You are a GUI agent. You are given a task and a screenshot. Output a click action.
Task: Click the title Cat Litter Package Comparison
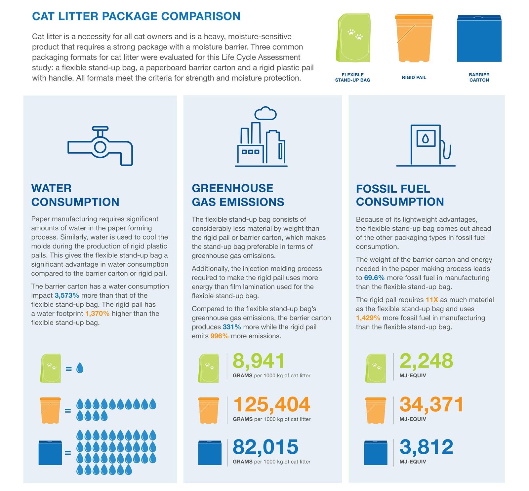pos(136,16)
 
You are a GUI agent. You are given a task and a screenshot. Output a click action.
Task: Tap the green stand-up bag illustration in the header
pos(353,38)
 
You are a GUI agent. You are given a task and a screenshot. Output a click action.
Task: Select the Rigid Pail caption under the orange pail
pos(414,77)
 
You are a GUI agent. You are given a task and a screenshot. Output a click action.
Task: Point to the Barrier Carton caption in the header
pos(479,77)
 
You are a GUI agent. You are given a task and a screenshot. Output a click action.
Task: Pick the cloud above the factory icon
pos(265,113)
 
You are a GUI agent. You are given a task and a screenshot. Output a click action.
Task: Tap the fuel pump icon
pos(426,145)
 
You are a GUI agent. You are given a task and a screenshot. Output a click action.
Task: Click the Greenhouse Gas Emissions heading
pos(238,195)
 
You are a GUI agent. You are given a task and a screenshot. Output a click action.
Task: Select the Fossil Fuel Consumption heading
pos(400,195)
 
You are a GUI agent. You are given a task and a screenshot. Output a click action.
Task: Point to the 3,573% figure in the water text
pos(67,295)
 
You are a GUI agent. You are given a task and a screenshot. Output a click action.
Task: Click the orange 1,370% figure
pos(97,314)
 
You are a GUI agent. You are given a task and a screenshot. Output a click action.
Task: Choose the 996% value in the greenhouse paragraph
pos(219,336)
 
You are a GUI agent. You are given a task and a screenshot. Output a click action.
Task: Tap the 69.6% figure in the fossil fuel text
pos(374,278)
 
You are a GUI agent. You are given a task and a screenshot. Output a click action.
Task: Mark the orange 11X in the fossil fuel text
pos(432,300)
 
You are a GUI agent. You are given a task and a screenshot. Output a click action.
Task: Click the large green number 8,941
pos(259,361)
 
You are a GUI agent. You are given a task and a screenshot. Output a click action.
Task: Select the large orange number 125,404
pos(272,404)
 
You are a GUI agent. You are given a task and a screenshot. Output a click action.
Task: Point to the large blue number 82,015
pos(265,447)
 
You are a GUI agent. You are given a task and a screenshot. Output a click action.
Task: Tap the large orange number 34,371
pos(431,404)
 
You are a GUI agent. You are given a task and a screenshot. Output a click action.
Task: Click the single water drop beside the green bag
pos(80,368)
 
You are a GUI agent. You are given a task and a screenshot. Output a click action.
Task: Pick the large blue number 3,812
pos(426,447)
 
